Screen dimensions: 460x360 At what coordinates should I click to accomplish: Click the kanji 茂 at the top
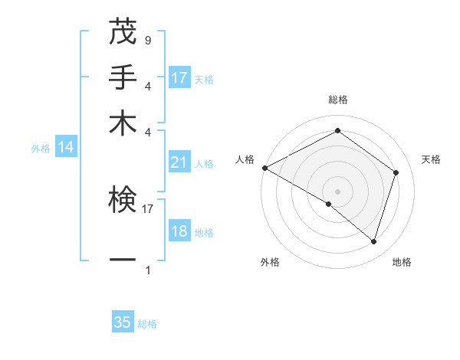click(x=123, y=33)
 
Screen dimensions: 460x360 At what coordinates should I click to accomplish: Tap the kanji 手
click(x=123, y=78)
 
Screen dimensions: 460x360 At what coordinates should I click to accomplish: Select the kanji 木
click(x=123, y=123)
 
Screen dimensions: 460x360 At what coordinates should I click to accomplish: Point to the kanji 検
click(x=123, y=200)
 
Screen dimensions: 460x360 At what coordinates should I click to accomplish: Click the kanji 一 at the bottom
click(x=123, y=260)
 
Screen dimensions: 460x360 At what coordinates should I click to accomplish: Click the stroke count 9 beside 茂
click(x=147, y=40)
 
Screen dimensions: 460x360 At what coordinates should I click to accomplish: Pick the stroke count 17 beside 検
click(x=149, y=207)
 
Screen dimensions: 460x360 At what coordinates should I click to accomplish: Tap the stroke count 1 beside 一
click(x=147, y=270)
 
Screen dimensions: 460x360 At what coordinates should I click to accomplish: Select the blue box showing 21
click(x=179, y=162)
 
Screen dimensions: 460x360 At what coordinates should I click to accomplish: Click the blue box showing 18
click(x=179, y=232)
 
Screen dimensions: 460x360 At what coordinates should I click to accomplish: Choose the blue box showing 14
click(x=66, y=148)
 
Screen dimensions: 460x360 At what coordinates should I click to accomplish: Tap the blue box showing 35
click(x=123, y=322)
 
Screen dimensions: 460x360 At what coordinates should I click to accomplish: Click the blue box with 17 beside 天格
click(x=179, y=78)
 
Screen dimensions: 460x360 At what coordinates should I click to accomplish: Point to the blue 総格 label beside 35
click(x=147, y=324)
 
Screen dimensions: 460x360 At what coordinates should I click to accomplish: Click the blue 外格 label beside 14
click(x=41, y=149)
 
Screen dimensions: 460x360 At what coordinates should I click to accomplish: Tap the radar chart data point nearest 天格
click(x=396, y=172)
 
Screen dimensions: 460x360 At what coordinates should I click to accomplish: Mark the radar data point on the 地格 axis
click(x=373, y=241)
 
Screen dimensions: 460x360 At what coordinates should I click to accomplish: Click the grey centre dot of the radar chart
click(x=337, y=190)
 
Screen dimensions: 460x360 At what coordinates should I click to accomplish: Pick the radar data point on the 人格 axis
click(x=264, y=168)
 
